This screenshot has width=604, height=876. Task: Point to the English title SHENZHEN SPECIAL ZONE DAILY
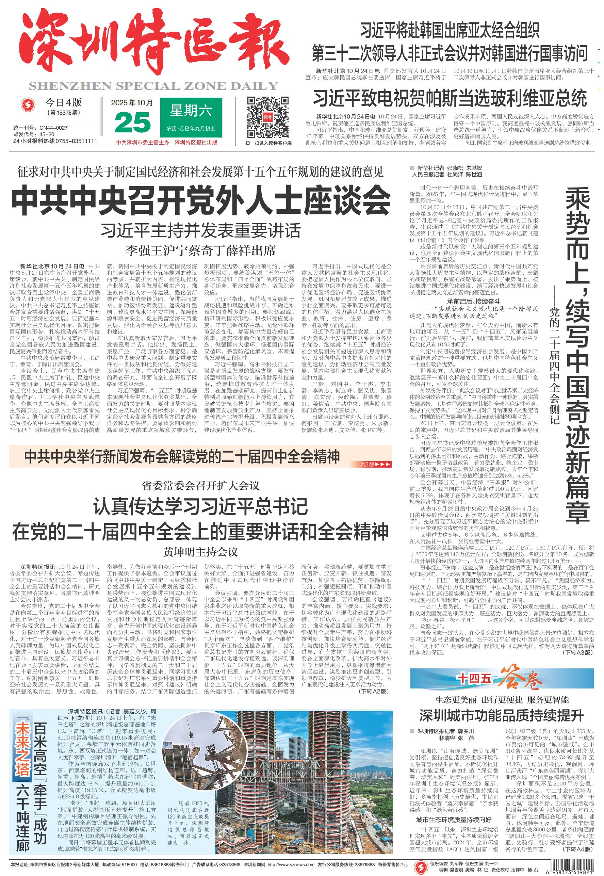pyautogui.click(x=153, y=86)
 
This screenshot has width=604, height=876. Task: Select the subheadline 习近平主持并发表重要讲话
pyautogui.click(x=200, y=230)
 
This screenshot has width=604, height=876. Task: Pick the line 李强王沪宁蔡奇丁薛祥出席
pyautogui.click(x=200, y=250)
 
